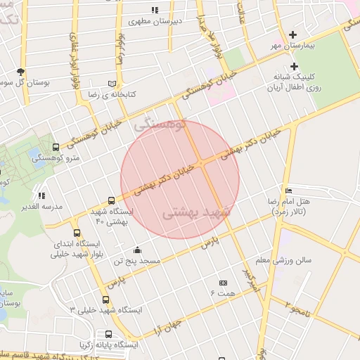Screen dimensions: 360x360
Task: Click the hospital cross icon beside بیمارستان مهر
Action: pyautogui.click(x=294, y=34)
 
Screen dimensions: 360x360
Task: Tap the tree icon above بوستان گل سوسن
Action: pyautogui.click(x=20, y=72)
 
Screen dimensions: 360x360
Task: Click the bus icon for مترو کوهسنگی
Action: pyautogui.click(x=56, y=148)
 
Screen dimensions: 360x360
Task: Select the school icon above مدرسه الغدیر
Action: pyautogui.click(x=41, y=195)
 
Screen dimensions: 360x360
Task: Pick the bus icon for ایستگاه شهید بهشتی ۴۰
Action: pyautogui.click(x=111, y=200)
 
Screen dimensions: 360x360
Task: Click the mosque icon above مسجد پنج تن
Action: pyautogui.click(x=136, y=250)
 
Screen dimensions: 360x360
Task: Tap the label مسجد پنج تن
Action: pyautogui.click(x=139, y=260)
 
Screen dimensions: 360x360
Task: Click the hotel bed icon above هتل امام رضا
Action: pyautogui.click(x=288, y=191)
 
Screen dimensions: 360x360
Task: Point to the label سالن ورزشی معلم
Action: pyautogui.click(x=283, y=260)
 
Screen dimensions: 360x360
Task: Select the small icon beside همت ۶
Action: pyautogui.click(x=224, y=283)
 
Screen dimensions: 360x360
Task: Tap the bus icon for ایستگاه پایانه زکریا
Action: pyautogui.click(x=108, y=334)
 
